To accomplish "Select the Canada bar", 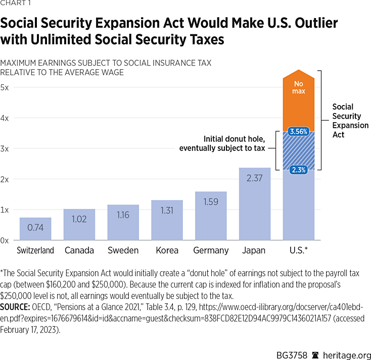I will coord(79,225).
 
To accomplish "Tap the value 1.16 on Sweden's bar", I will coord(123,215).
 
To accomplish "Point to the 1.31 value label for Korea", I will coord(167,211).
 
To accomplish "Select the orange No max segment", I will coord(299,101).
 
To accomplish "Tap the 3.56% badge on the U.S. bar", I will coord(299,132).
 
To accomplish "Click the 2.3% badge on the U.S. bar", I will coord(299,170).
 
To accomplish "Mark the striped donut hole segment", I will coord(299,151).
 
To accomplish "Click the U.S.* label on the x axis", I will coord(299,250).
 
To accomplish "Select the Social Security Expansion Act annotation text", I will coord(350,121).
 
